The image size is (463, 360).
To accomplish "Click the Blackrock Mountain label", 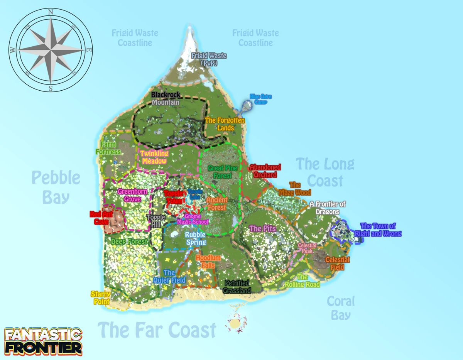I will [165, 98].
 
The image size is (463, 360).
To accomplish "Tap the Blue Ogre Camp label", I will [260, 99].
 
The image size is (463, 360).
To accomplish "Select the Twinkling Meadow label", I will [154, 157].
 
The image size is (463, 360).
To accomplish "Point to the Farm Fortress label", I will [108, 149].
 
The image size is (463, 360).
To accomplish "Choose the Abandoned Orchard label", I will [265, 171].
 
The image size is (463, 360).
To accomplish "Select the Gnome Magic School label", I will [193, 219].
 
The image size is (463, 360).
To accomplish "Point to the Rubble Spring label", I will [195, 238].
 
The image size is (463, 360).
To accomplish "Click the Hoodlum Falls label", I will [208, 261].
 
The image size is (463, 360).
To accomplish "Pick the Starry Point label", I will [101, 298].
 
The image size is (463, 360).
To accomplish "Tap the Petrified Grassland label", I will [237, 287].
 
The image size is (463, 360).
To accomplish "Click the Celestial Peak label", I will [307, 248].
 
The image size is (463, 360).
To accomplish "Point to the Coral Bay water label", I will [341, 308].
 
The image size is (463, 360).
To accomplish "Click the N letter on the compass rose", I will [51, 12].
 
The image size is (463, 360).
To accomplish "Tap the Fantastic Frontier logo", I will [43, 341].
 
